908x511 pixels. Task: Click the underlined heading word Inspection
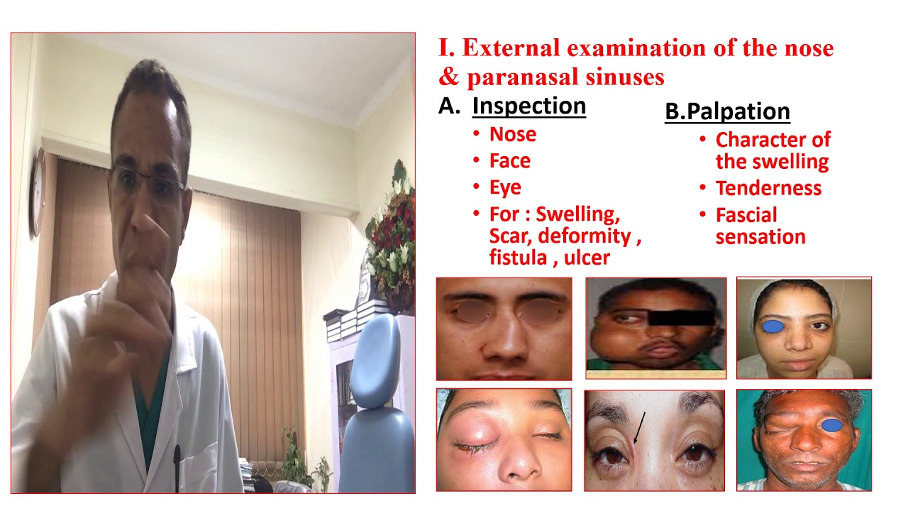(528, 106)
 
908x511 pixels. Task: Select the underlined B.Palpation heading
(727, 111)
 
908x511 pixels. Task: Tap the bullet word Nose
(512, 134)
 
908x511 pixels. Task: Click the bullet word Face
(509, 161)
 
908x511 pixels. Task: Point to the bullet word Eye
(505, 187)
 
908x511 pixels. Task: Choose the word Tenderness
(768, 188)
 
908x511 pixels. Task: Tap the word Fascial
(746, 215)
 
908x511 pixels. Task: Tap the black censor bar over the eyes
(681, 317)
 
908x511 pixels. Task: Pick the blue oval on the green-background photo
(833, 425)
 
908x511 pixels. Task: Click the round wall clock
(37, 192)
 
